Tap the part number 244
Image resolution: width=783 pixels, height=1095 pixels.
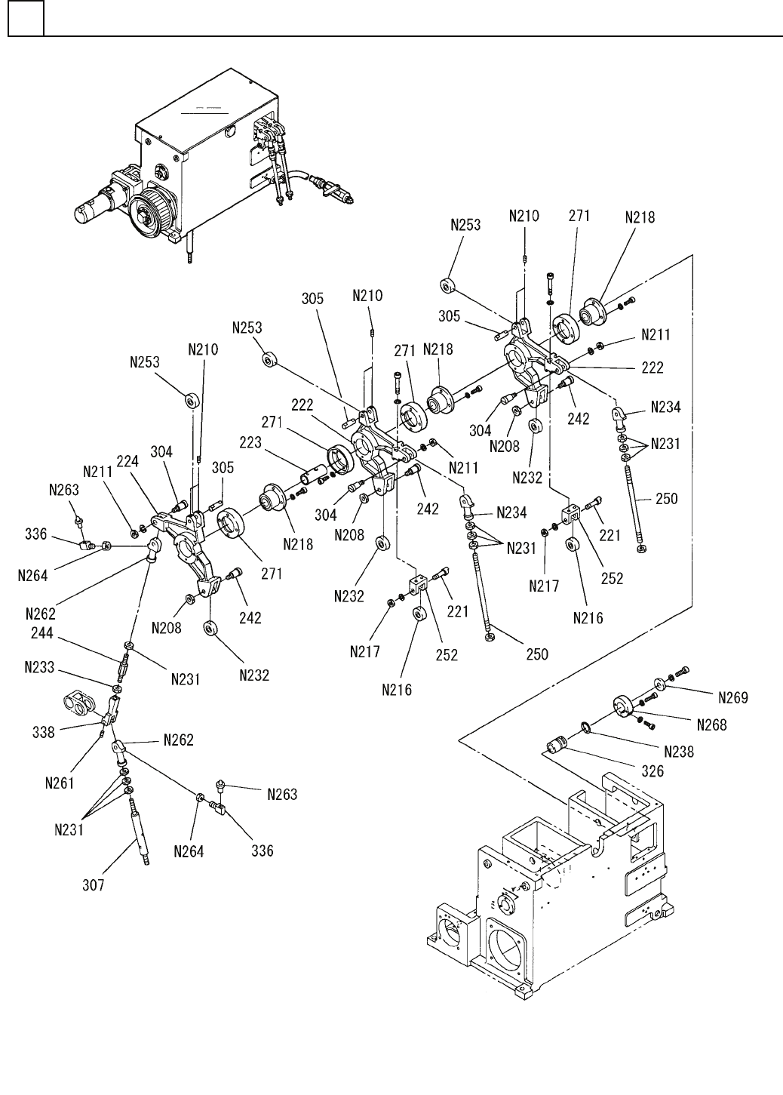[x=41, y=635]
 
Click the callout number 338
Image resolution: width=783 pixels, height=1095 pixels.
[x=44, y=731]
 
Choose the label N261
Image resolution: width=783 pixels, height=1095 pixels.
[x=59, y=783]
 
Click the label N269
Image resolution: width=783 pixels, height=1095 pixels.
[x=732, y=697]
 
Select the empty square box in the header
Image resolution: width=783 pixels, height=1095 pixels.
[x=26, y=20]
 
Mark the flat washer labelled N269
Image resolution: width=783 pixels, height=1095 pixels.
[x=661, y=683]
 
